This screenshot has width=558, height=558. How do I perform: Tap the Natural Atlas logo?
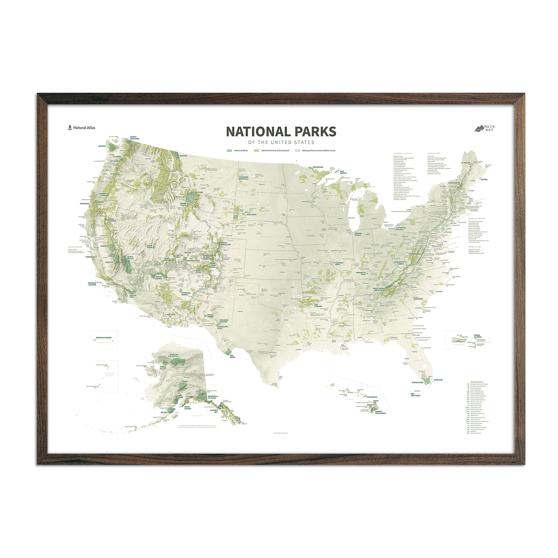82,128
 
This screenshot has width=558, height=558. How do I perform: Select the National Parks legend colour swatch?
229,151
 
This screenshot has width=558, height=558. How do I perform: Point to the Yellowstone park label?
196,192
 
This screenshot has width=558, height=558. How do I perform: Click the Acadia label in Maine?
484,180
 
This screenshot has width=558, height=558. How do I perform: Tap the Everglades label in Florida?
417,383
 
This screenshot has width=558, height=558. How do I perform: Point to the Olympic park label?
102,146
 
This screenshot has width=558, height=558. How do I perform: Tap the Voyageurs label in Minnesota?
318,167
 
